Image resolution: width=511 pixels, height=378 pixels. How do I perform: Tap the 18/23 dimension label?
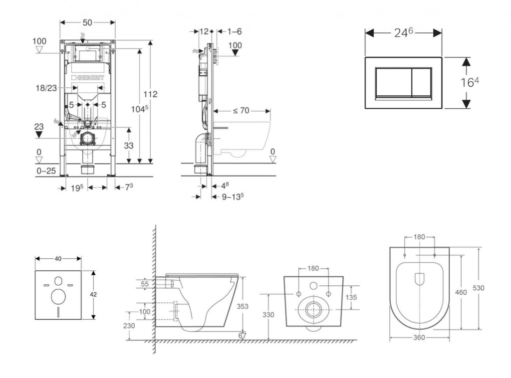(x=46, y=88)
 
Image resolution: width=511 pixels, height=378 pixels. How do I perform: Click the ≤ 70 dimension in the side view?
(x=241, y=111)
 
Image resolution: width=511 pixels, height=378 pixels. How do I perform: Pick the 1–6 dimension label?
(x=235, y=31)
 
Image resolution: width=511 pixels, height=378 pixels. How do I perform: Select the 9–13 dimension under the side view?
(x=232, y=196)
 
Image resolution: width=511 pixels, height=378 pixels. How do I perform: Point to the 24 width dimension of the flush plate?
(x=404, y=33)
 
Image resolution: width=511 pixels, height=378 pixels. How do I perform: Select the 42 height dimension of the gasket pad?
(x=93, y=295)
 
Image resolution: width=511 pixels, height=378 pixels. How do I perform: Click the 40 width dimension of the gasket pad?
(x=58, y=259)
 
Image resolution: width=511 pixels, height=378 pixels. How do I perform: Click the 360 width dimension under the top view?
(x=419, y=338)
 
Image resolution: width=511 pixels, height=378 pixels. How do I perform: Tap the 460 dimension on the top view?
(x=461, y=292)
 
